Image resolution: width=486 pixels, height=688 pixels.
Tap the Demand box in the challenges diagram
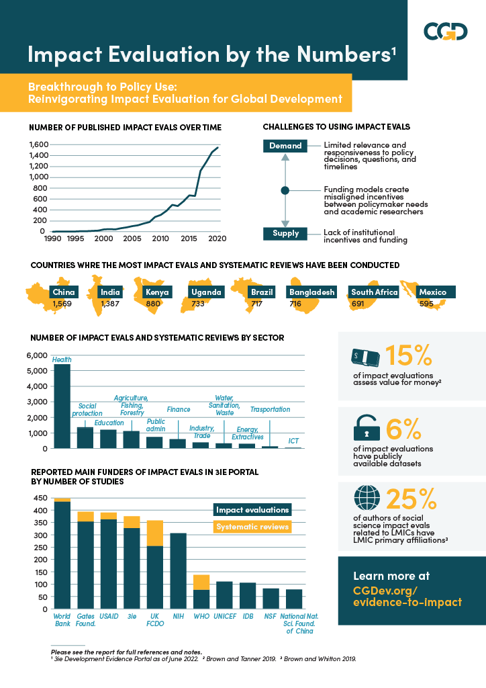click(285, 146)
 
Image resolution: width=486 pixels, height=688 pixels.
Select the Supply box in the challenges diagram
click(285, 234)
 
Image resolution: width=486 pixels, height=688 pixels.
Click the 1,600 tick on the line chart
click(38, 144)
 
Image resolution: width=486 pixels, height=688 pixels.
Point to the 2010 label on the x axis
click(160, 239)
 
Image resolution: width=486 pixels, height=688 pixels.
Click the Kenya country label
click(157, 292)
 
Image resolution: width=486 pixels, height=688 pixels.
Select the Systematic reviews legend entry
click(252, 526)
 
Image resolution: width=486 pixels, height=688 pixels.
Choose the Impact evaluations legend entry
click(252, 510)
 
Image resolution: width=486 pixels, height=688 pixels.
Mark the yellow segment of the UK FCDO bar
click(155, 533)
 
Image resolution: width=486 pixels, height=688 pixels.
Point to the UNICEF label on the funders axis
click(224, 616)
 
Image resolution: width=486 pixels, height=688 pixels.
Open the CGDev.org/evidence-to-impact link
click(407, 596)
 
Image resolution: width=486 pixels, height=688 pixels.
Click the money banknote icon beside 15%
click(366, 357)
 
